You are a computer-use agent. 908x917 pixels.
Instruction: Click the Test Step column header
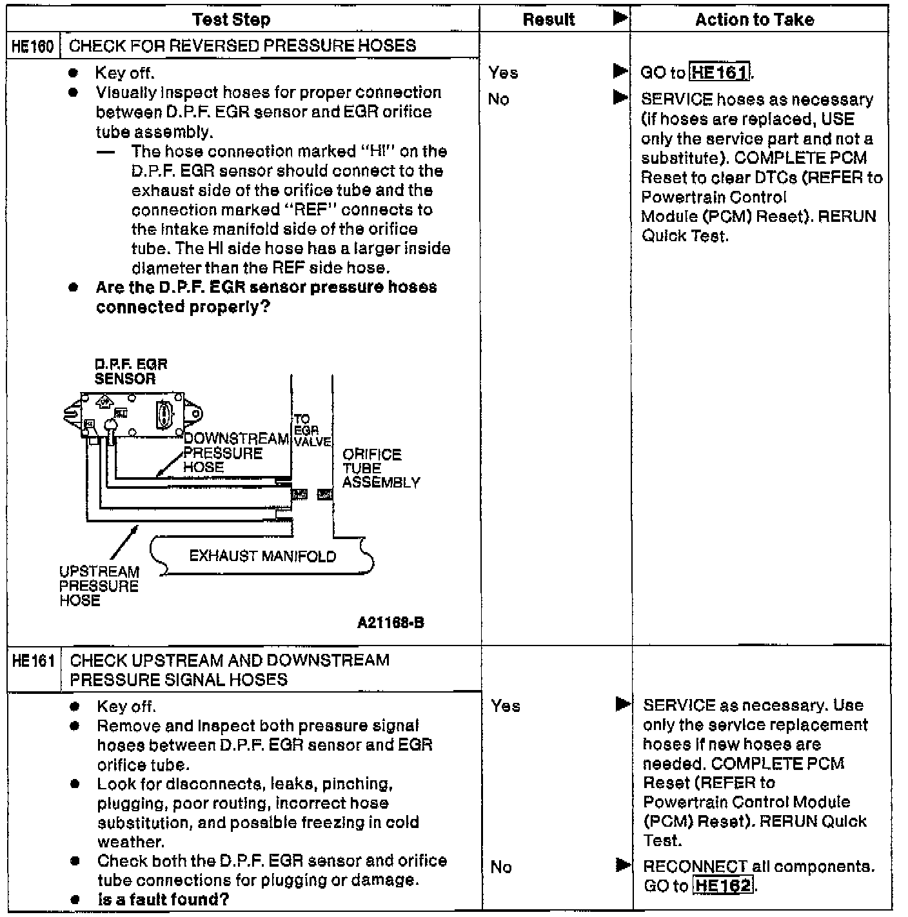pos(231,19)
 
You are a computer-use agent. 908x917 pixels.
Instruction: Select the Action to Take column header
pos(754,19)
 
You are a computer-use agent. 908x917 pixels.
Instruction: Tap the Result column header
pos(548,19)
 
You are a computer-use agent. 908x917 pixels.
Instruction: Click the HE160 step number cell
pos(32,46)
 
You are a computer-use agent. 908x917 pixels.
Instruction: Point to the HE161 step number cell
pos(34,661)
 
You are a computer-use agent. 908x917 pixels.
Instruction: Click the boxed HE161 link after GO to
pos(719,72)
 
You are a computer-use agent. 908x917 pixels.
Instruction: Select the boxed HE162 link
pos(723,885)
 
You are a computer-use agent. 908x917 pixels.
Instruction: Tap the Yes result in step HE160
pos(503,73)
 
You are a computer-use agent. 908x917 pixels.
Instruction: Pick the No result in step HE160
pos(498,99)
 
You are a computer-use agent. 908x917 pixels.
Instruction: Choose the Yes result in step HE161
pos(506,706)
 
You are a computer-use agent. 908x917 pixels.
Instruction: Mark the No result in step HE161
pos(501,867)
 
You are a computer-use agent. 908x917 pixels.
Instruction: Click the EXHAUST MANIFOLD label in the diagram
pos(262,557)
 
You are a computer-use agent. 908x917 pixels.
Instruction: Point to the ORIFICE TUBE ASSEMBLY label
pos(380,468)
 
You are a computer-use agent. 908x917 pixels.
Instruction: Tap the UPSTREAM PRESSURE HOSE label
pos(99,586)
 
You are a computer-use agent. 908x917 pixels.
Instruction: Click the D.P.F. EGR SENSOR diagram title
pos(130,371)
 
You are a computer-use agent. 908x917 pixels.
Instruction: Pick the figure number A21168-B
pos(391,623)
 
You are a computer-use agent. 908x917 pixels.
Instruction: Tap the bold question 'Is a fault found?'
pos(163,900)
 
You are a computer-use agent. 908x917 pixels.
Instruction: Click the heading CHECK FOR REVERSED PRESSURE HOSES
pos(242,46)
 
